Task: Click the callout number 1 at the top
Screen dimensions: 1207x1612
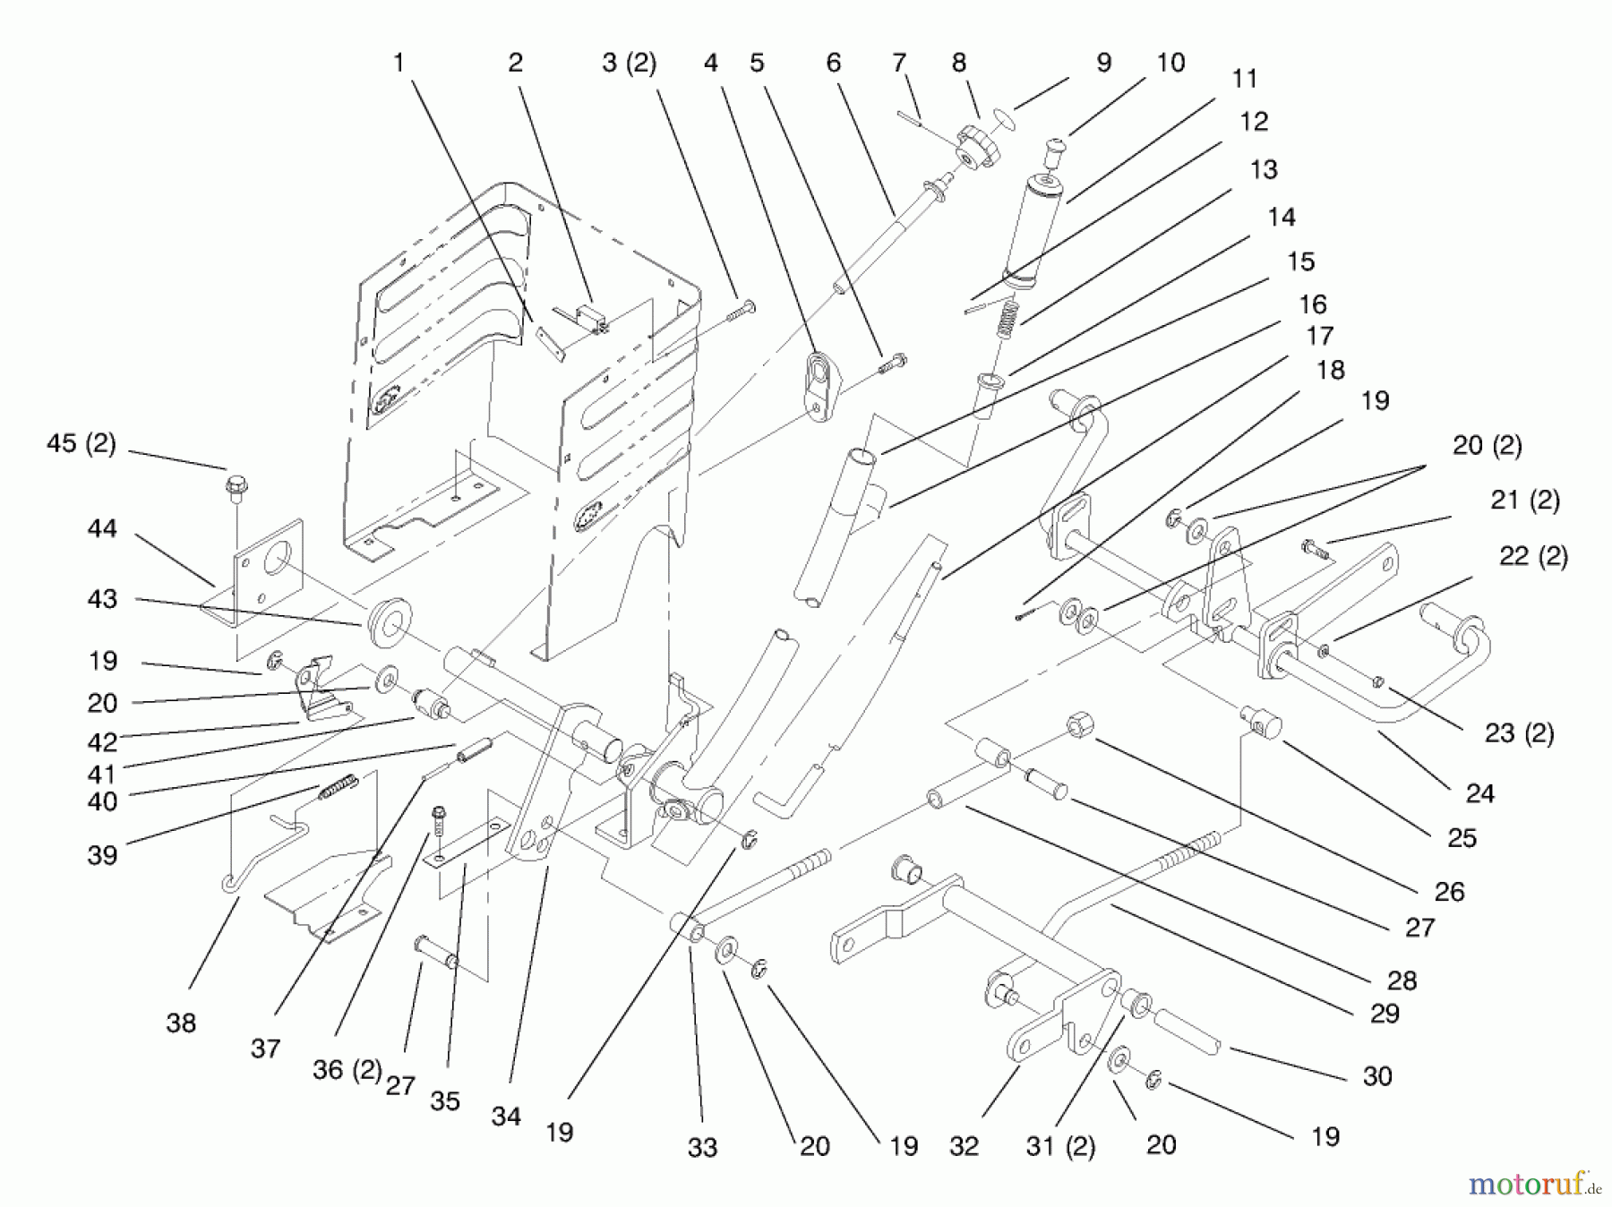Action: (x=399, y=63)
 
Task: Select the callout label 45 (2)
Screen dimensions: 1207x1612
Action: (x=81, y=444)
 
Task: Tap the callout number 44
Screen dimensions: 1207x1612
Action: (x=102, y=529)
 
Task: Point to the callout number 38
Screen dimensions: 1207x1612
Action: (x=181, y=1023)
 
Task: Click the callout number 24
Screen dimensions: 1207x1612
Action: (x=1479, y=793)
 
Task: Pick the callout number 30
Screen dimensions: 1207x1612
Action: (x=1377, y=1076)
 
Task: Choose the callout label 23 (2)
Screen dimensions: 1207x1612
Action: (x=1520, y=733)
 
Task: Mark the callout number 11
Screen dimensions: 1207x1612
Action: (x=1245, y=79)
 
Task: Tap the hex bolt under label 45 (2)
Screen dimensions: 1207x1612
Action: (x=236, y=489)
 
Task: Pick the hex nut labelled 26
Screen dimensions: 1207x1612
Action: (x=1078, y=727)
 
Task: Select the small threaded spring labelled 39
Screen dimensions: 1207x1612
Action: (x=339, y=787)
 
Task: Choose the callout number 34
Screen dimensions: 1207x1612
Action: (x=506, y=1116)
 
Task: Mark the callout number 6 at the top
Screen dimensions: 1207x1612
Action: (x=834, y=63)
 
